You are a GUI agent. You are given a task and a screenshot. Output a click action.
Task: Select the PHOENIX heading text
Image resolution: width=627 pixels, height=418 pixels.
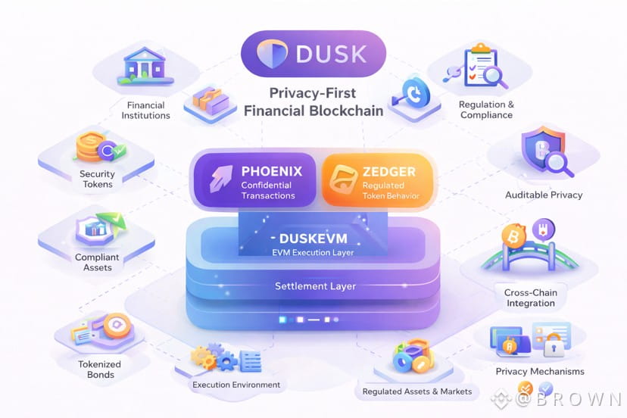coord(271,171)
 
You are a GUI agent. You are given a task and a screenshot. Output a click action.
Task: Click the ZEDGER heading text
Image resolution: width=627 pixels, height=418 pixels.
coord(389,171)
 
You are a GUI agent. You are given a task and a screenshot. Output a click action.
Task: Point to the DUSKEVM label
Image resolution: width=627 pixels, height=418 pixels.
coord(313,238)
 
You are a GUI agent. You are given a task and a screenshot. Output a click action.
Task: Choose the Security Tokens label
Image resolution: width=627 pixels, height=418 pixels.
coord(97,179)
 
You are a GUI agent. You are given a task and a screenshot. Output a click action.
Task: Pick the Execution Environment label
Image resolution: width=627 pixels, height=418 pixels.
coord(236,385)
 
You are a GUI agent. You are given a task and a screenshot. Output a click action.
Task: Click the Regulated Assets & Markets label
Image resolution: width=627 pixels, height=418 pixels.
coord(417,391)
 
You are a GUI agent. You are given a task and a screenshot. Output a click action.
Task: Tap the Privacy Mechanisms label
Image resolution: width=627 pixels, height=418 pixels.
coord(540,371)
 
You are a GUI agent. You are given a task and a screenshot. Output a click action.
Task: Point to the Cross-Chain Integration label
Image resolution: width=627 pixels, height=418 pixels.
coord(530,298)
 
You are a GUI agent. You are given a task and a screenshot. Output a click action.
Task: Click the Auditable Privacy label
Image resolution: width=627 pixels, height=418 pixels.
coord(544,195)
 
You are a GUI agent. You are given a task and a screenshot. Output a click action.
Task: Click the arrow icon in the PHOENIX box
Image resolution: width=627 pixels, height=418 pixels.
coord(219,180)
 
